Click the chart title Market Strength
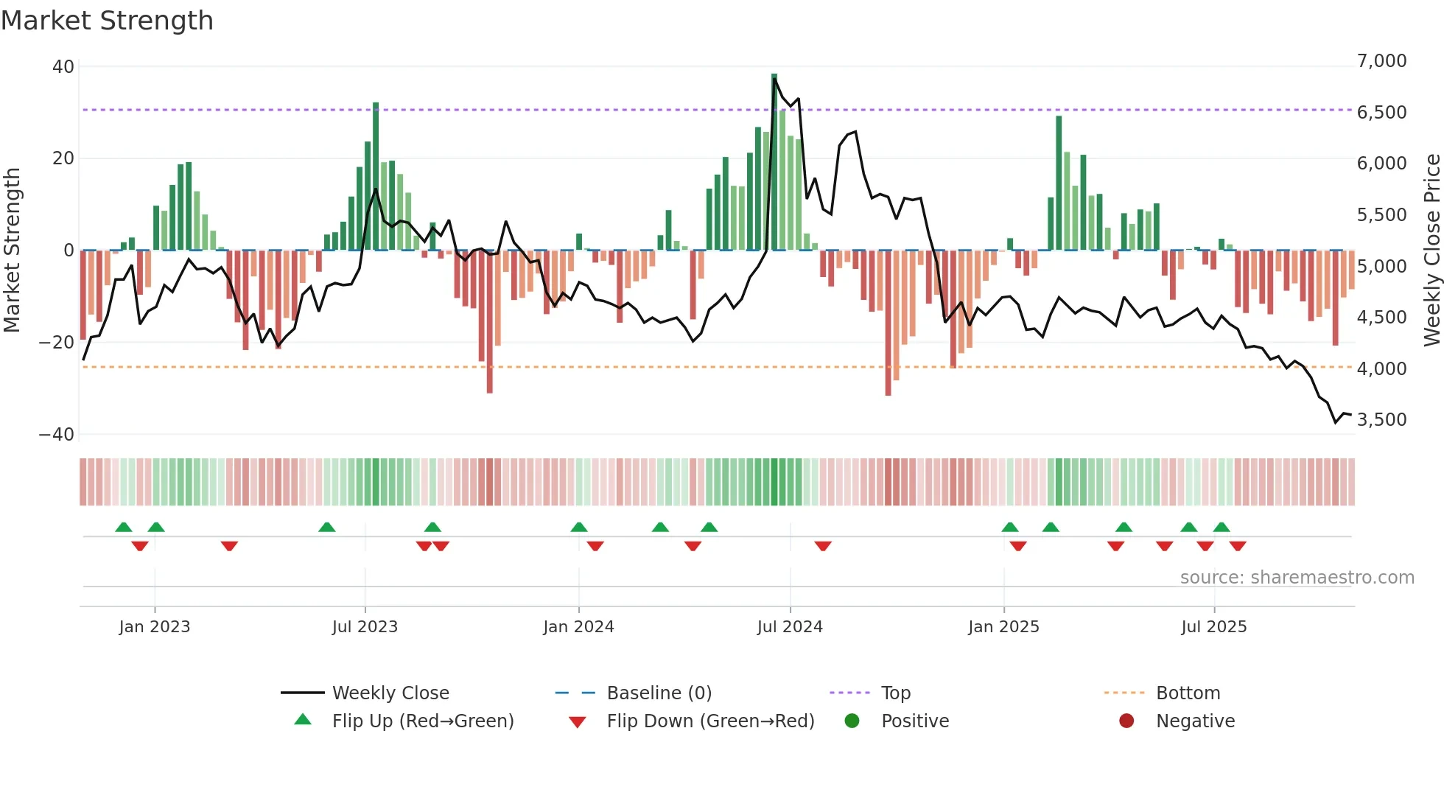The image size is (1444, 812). [x=107, y=21]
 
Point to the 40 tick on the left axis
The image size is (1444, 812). [x=63, y=67]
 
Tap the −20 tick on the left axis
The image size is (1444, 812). [x=57, y=343]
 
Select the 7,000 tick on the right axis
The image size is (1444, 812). [x=1381, y=61]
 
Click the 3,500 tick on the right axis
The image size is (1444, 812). [x=1381, y=420]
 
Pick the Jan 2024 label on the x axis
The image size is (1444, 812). [x=578, y=627]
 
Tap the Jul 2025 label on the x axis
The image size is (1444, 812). [x=1213, y=627]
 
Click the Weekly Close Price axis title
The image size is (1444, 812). [x=1431, y=251]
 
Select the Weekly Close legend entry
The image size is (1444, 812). [x=390, y=693]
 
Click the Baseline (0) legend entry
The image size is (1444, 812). [x=659, y=693]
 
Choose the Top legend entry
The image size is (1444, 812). [x=895, y=693]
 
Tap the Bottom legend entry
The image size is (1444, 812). [x=1188, y=693]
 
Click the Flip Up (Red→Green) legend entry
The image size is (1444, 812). [x=422, y=721]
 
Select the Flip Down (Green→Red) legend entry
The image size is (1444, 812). [x=710, y=721]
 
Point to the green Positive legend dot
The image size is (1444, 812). [x=852, y=721]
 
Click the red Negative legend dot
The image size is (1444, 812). [x=1126, y=721]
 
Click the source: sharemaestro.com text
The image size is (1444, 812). [x=1297, y=578]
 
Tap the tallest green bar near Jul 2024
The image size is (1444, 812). [x=774, y=162]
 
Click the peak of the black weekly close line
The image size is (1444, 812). [x=774, y=79]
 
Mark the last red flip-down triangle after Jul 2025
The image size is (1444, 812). [x=1238, y=546]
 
